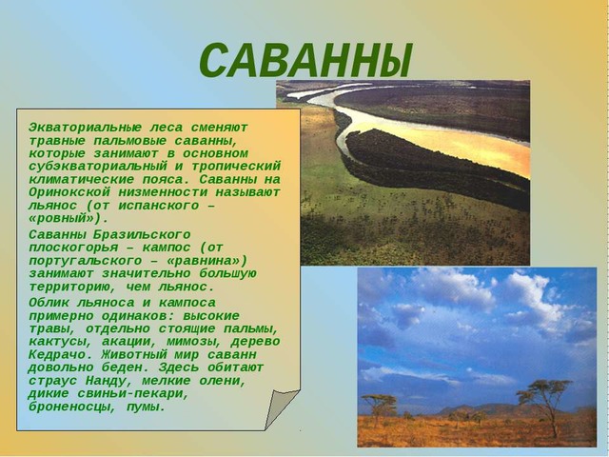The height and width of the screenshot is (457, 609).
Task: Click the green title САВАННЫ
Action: click(305, 60)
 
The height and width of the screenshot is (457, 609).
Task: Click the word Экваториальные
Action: click(85, 128)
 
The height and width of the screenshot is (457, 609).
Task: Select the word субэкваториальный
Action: click(97, 167)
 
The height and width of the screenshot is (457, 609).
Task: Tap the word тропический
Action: click(236, 167)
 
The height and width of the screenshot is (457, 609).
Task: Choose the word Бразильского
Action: click(142, 235)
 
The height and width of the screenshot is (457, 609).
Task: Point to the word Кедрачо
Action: click(61, 355)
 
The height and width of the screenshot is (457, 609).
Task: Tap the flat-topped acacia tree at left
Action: click(379, 405)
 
